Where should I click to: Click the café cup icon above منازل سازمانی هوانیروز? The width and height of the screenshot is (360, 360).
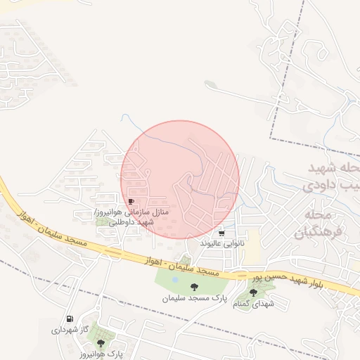pyautogui.click(x=131, y=202)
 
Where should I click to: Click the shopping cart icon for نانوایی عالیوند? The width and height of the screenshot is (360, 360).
pyautogui.click(x=222, y=233)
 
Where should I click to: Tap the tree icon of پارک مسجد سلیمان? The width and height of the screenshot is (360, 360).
pyautogui.click(x=194, y=286)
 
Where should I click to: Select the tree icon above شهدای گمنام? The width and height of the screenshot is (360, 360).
pyautogui.click(x=253, y=292)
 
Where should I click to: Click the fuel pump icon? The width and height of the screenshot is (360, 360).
pyautogui.click(x=69, y=319)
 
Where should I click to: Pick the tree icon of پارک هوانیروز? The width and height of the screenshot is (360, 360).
pyautogui.click(x=101, y=343)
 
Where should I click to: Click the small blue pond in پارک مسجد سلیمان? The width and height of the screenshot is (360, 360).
pyautogui.click(x=174, y=279)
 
